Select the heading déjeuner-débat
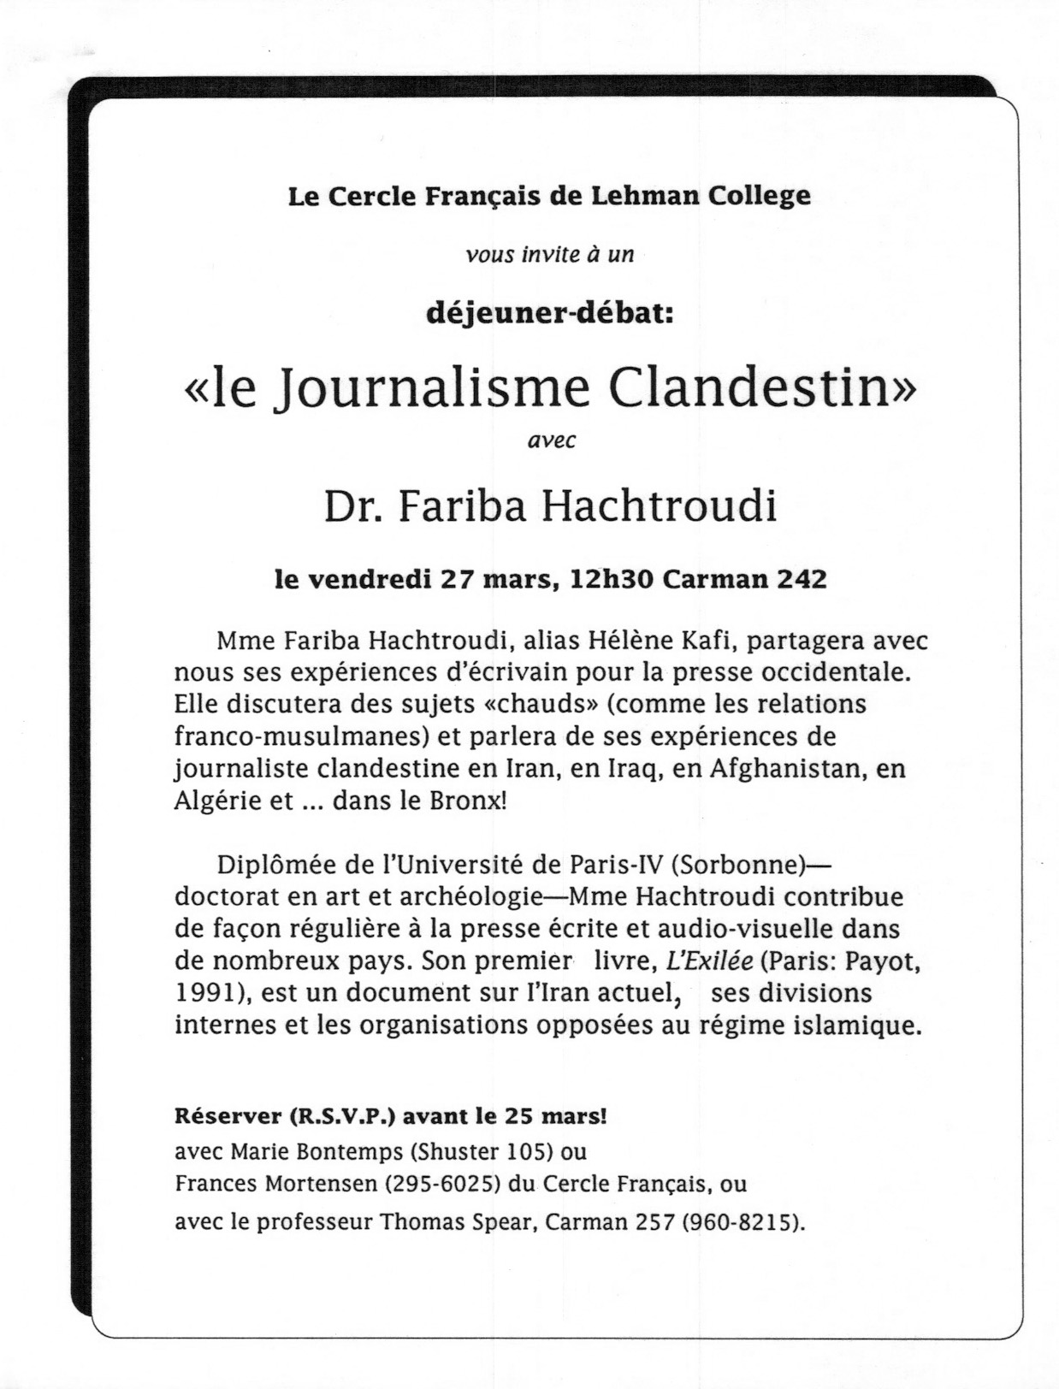(550, 314)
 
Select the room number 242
(802, 579)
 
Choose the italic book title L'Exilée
(709, 960)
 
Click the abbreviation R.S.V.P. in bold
(344, 1116)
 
